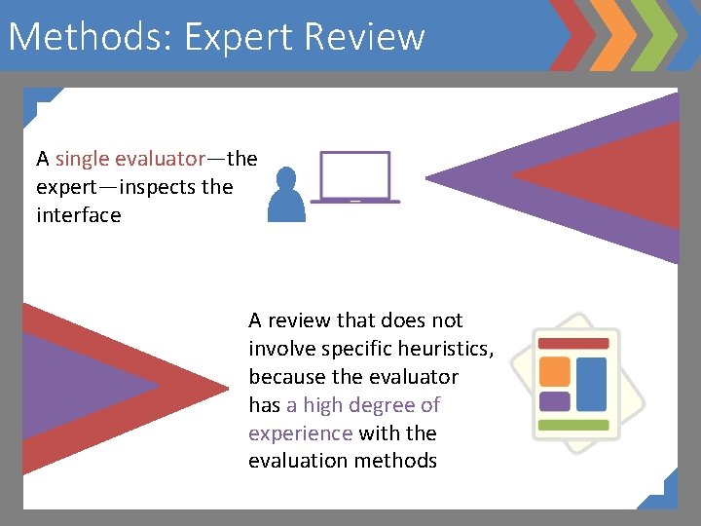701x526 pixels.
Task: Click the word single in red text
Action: click(x=82, y=158)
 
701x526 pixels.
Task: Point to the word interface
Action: click(x=79, y=214)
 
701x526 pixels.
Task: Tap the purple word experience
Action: click(x=300, y=432)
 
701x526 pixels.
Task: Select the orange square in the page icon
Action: click(x=554, y=370)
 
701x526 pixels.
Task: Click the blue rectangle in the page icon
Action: click(x=591, y=383)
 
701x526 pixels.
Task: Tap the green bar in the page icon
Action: click(x=572, y=425)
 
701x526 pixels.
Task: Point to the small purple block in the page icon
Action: click(x=554, y=400)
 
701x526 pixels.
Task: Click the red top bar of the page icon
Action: click(x=572, y=344)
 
